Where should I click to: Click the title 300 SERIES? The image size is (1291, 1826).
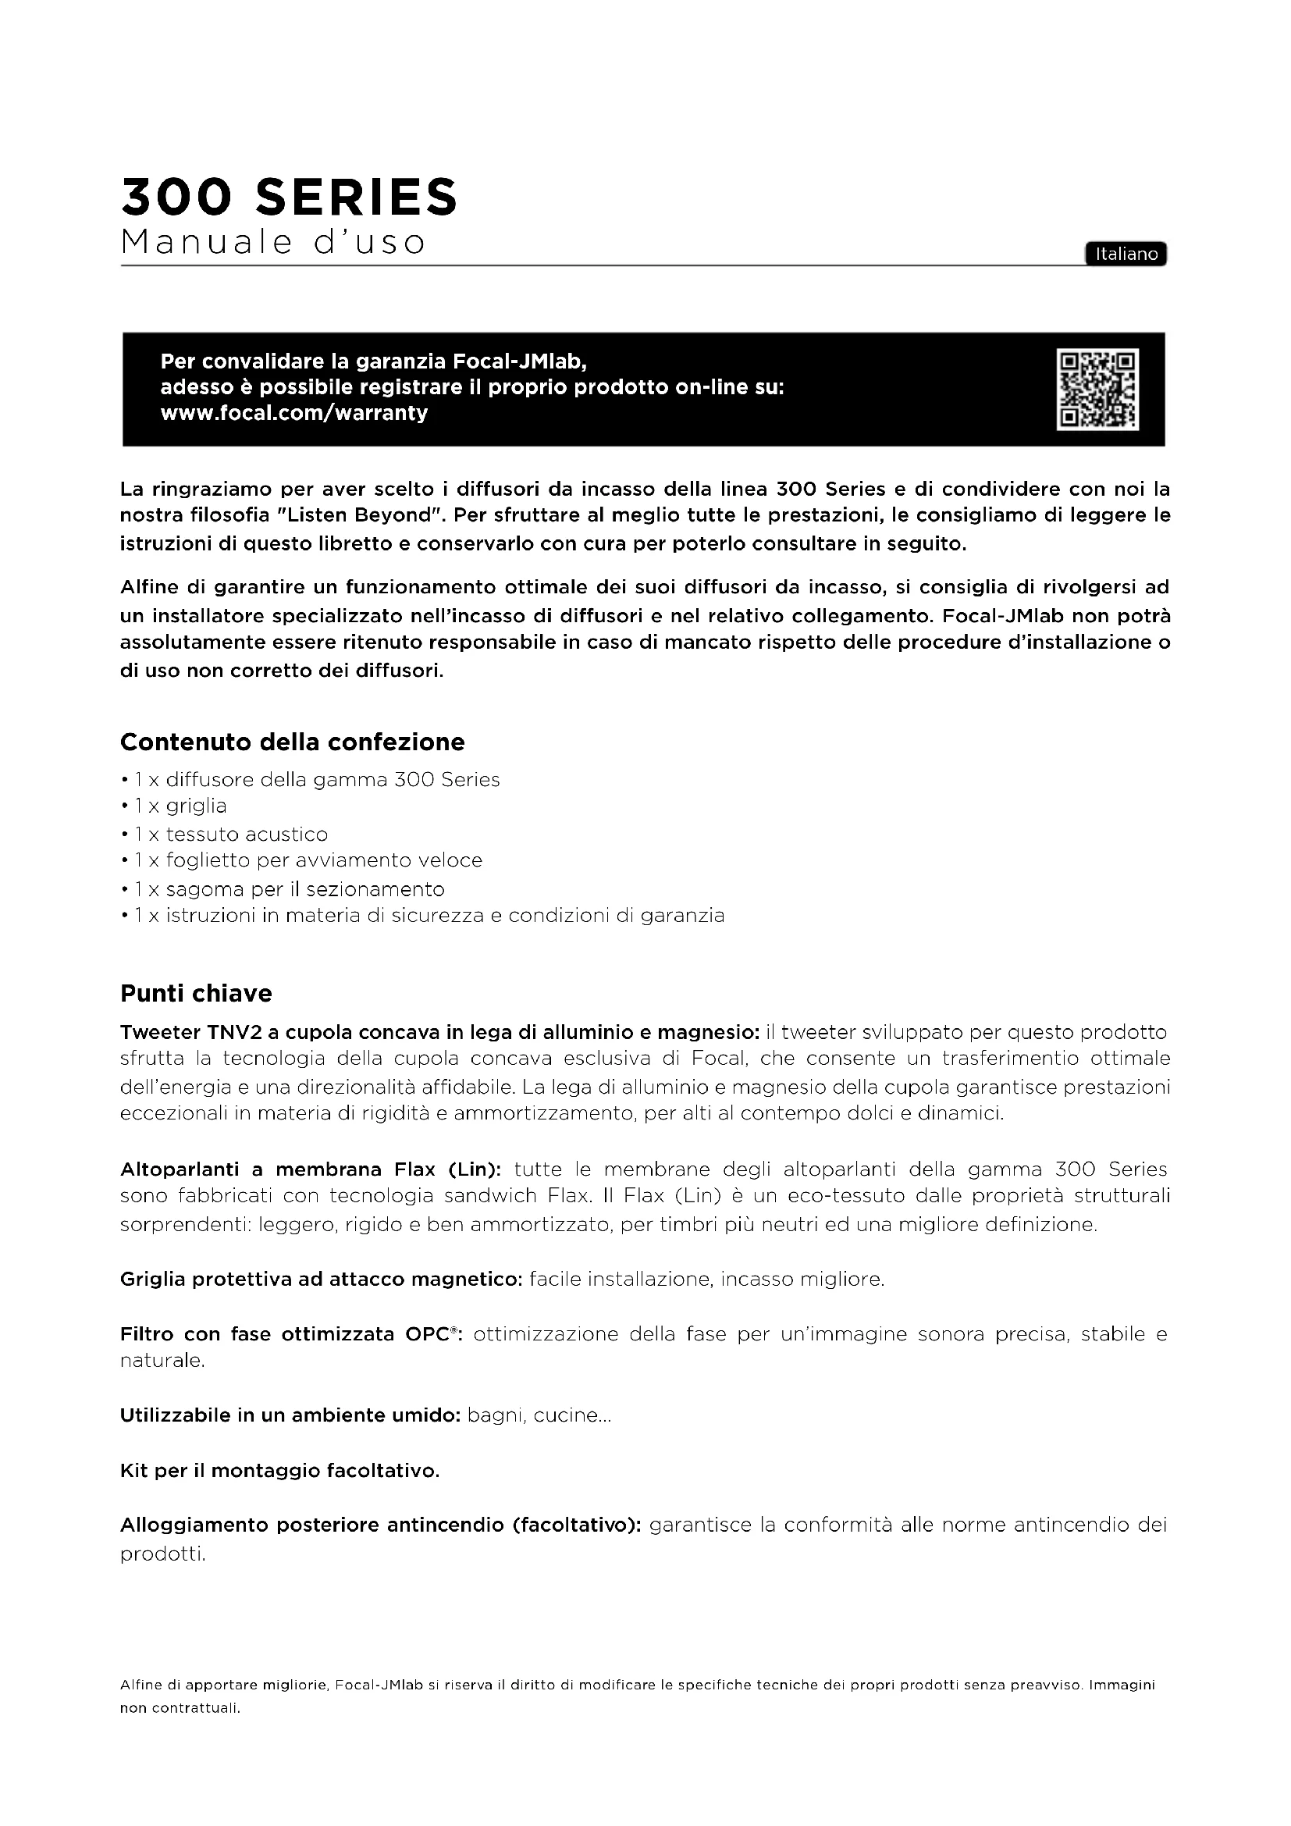tap(289, 198)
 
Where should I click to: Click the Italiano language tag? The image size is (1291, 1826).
tap(1126, 254)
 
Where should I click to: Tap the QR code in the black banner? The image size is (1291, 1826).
tap(1097, 390)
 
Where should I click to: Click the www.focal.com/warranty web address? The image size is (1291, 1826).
tap(294, 413)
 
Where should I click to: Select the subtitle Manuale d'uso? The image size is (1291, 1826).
tap(272, 242)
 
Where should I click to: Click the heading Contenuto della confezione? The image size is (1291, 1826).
tap(292, 742)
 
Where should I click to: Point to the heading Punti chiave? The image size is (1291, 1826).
tap(196, 993)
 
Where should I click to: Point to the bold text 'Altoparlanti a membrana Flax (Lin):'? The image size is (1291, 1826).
tap(310, 1169)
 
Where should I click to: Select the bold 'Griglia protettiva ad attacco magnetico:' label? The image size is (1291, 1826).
tap(321, 1279)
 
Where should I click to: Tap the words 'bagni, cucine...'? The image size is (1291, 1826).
tap(539, 1415)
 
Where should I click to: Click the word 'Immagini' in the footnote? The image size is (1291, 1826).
tap(1121, 1685)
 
